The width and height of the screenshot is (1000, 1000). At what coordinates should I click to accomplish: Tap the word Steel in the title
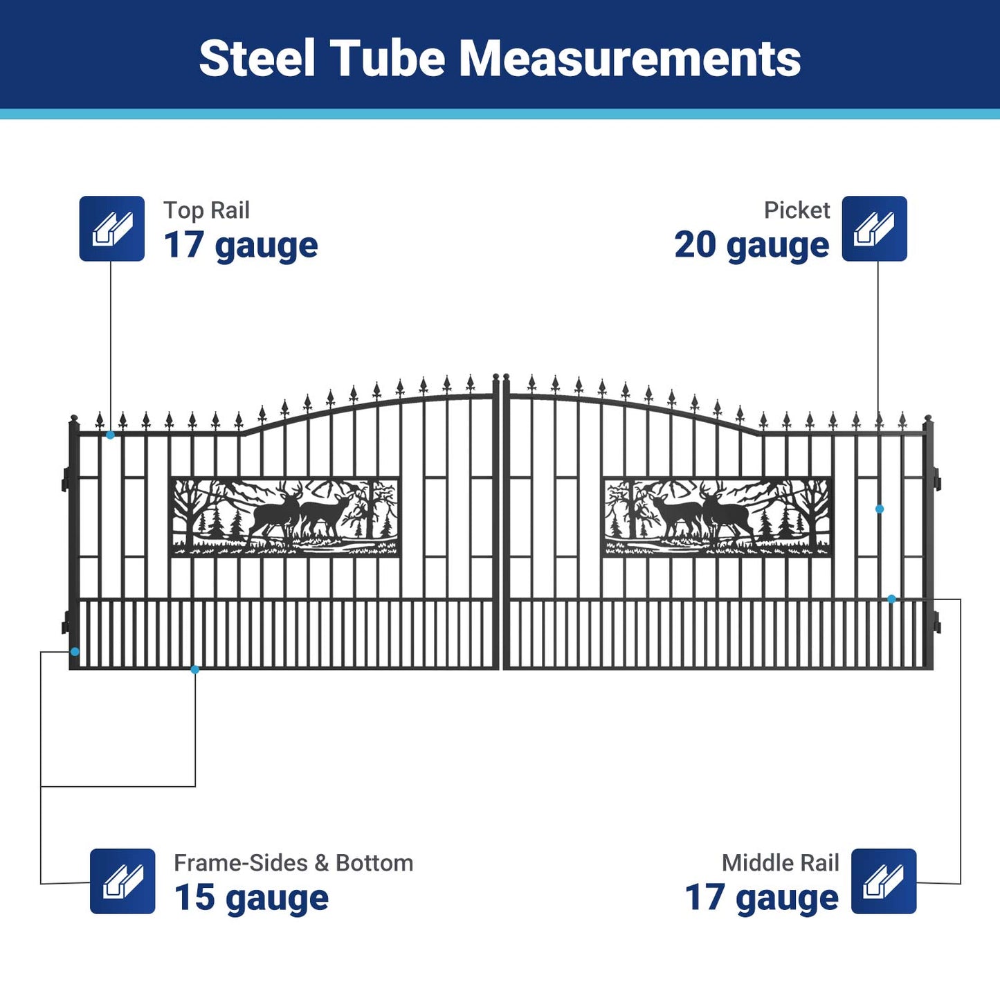click(x=257, y=58)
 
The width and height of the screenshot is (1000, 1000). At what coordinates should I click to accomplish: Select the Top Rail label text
click(x=206, y=210)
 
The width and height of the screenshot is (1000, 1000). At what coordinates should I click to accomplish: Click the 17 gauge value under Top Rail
click(x=240, y=246)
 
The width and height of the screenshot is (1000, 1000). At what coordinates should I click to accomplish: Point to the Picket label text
click(x=797, y=210)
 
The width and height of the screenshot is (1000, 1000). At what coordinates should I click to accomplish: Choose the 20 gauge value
click(x=752, y=246)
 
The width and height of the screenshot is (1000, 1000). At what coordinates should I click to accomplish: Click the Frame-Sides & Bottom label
click(x=293, y=863)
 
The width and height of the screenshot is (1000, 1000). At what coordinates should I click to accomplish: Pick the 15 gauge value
click(x=251, y=898)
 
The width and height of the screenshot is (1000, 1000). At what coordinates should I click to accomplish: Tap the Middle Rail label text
click(x=780, y=863)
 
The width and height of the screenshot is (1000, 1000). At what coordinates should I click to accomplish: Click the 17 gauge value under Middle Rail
click(x=761, y=898)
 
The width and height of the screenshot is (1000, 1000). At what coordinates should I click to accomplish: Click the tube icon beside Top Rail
click(x=112, y=228)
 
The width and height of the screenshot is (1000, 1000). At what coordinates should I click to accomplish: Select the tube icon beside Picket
click(x=874, y=228)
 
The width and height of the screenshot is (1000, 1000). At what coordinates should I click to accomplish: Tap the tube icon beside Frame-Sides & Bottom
click(x=122, y=881)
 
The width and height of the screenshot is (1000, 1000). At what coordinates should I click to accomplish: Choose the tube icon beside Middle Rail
click(x=884, y=881)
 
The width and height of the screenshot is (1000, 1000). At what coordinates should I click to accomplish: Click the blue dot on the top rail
click(x=111, y=435)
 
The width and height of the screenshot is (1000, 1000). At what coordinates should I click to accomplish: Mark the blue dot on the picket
click(x=880, y=509)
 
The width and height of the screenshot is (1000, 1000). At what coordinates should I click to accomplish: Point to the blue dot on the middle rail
click(x=891, y=599)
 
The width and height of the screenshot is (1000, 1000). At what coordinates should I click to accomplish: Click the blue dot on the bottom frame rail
click(x=195, y=669)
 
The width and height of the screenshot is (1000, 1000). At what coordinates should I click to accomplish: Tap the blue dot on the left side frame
click(x=75, y=652)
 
